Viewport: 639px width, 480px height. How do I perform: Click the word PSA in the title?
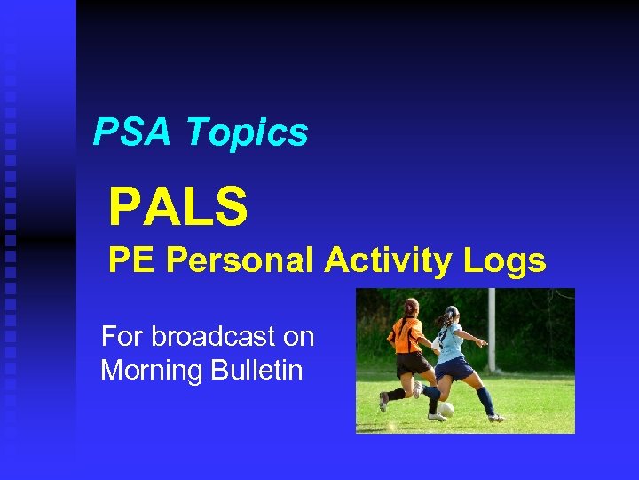click(134, 133)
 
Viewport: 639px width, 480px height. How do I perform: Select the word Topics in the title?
click(248, 133)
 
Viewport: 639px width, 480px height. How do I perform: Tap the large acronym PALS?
click(177, 206)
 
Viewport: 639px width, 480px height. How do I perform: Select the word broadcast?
click(233, 337)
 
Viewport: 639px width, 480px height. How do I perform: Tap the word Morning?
click(151, 370)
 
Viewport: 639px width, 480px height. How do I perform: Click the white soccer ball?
click(446, 409)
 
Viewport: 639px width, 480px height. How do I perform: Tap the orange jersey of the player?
click(406, 335)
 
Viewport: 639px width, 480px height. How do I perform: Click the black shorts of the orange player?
click(411, 363)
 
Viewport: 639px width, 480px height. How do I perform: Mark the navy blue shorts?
click(455, 367)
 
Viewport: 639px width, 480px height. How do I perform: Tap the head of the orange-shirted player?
click(411, 308)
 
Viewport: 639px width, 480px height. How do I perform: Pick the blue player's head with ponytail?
click(451, 315)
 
